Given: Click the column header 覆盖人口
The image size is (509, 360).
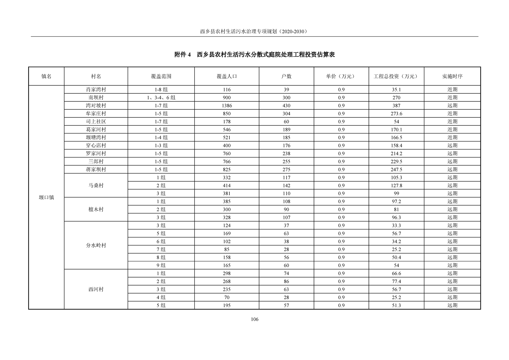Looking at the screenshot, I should pyautogui.click(x=226, y=76).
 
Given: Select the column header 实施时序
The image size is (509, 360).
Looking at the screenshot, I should pyautogui.click(x=452, y=76).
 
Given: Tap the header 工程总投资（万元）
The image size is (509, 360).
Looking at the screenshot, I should pyautogui.click(x=396, y=76).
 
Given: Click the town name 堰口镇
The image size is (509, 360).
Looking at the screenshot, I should pyautogui.click(x=46, y=197).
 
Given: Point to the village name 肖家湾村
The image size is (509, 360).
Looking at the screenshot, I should pyautogui.click(x=96, y=90).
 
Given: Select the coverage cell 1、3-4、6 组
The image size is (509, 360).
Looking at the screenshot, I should pyautogui.click(x=161, y=98).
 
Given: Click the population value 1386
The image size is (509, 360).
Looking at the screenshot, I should pyautogui.click(x=226, y=106).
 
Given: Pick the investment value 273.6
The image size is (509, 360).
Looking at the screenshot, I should pyautogui.click(x=396, y=114).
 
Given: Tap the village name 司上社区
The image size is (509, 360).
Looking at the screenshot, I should pyautogui.click(x=96, y=122).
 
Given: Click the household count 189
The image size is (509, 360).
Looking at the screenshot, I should pyautogui.click(x=286, y=130).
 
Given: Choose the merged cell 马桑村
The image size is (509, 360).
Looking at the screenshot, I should pyautogui.click(x=96, y=185).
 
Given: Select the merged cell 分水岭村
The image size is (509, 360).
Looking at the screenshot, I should pyautogui.click(x=96, y=245).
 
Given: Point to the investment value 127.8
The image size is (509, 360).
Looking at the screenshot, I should pyautogui.click(x=396, y=185).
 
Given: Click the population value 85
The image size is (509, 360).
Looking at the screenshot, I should pyautogui.click(x=226, y=249).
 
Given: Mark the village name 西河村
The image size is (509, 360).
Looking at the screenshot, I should pyautogui.click(x=96, y=289).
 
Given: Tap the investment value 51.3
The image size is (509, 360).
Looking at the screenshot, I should pyautogui.click(x=396, y=305).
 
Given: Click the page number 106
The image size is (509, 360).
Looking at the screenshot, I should pyautogui.click(x=255, y=319).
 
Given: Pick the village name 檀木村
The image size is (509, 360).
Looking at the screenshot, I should pyautogui.click(x=96, y=210).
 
